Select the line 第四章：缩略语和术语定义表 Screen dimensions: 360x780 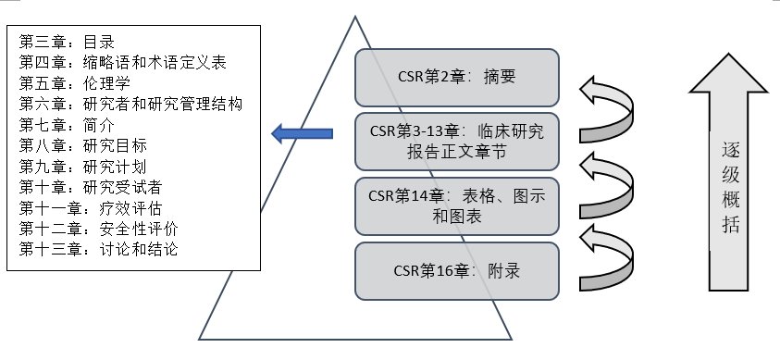(x=122, y=63)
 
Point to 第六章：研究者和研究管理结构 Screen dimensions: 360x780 (x=130, y=104)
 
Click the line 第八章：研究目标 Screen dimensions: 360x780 (x=82, y=145)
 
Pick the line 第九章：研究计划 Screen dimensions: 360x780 (x=82, y=167)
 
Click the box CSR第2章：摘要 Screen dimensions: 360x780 (x=457, y=78)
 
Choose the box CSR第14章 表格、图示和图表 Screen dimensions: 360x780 (x=457, y=205)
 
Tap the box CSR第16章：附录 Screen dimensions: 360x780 (x=457, y=269)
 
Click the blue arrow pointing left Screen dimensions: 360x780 (x=302, y=135)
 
